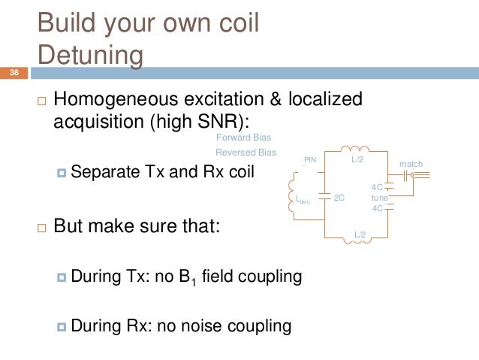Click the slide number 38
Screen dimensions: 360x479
pos(14,73)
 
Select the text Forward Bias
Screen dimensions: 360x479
pos(243,138)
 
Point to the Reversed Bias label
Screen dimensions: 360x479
pos(246,153)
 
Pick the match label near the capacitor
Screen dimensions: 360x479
pos(411,163)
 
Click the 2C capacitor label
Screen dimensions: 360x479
pos(339,198)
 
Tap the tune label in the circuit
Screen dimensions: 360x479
pos(379,198)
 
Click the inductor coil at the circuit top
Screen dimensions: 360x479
pos(354,149)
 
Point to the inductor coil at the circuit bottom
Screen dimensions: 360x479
pos(358,228)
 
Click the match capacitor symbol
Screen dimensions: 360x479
pos(406,175)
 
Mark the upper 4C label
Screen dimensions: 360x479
pos(378,187)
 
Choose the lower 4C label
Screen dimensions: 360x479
pos(378,208)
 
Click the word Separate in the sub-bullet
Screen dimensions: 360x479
pos(104,172)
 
